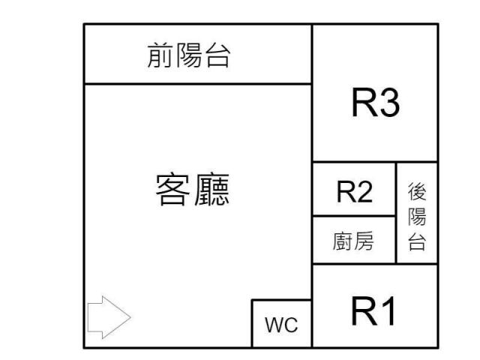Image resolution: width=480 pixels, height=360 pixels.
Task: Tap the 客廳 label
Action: tap(191, 190)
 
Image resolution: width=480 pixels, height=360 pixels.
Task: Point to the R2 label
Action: tap(354, 193)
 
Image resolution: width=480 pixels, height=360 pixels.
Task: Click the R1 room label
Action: tap(373, 310)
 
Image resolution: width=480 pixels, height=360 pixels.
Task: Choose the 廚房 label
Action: tap(353, 241)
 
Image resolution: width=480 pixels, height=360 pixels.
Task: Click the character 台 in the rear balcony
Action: tap(417, 243)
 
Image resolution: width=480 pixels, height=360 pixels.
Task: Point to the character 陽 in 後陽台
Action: tap(417, 217)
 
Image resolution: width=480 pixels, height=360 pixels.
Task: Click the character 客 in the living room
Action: tap(172, 190)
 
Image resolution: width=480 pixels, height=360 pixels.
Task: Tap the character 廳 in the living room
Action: tap(211, 190)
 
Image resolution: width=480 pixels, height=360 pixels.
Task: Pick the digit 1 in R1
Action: tap(387, 310)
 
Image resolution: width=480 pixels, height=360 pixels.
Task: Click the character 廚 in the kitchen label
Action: tap(343, 241)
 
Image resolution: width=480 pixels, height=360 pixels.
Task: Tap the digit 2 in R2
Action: tap(364, 193)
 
